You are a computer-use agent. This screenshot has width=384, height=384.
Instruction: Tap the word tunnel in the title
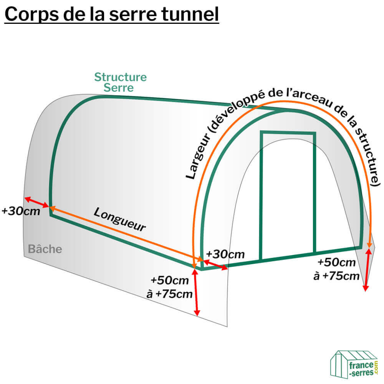pos(191,14)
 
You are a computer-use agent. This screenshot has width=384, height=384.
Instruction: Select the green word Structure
pos(120,77)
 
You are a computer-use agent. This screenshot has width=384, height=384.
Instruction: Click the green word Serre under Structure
pos(119,88)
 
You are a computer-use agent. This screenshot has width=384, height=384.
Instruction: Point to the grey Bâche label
pos(45,249)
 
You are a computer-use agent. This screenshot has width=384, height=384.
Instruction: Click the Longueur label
pos(120,219)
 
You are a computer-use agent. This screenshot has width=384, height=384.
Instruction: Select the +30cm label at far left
pos(21,211)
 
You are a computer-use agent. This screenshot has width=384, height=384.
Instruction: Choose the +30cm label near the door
pos(225,254)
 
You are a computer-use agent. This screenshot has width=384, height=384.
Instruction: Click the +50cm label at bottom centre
pos(170,280)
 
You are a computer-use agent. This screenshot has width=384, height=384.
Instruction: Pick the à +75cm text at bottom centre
pos(169,294)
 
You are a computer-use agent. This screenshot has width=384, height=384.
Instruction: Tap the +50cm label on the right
pos(337,262)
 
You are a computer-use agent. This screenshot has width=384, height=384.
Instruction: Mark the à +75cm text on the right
pos(336,276)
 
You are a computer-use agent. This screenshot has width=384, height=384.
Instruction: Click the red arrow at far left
pos(37,202)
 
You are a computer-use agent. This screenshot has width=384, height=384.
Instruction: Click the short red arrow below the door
pos(215,265)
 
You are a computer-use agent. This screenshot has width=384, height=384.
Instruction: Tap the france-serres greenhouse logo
pos(354,364)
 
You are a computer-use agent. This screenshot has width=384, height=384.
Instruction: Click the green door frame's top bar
pos(288,133)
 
